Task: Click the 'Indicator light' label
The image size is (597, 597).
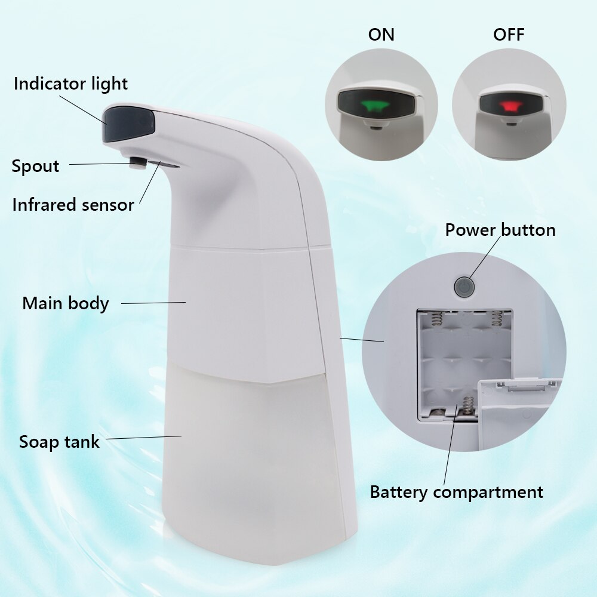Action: coord(70,84)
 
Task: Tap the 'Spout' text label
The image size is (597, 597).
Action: coord(35,166)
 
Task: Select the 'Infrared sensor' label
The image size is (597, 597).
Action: coord(73,205)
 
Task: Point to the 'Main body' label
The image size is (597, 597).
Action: coord(66,303)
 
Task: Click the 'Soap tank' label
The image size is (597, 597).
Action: coord(59,442)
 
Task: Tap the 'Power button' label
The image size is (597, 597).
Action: coord(500,230)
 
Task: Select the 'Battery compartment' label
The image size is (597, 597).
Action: coord(457,493)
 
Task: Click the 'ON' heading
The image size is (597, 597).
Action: coord(381,35)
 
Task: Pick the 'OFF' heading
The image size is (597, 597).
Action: coord(509,35)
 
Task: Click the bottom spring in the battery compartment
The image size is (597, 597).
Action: coord(467,408)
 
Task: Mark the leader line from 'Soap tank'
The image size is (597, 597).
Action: coord(143,438)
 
